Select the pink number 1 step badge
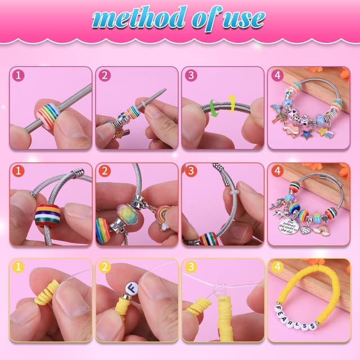[19, 75]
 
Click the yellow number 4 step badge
[277, 268]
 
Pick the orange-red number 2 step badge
[105, 172]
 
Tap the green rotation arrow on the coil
[214, 107]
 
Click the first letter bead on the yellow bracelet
[278, 308]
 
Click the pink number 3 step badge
[191, 75]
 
